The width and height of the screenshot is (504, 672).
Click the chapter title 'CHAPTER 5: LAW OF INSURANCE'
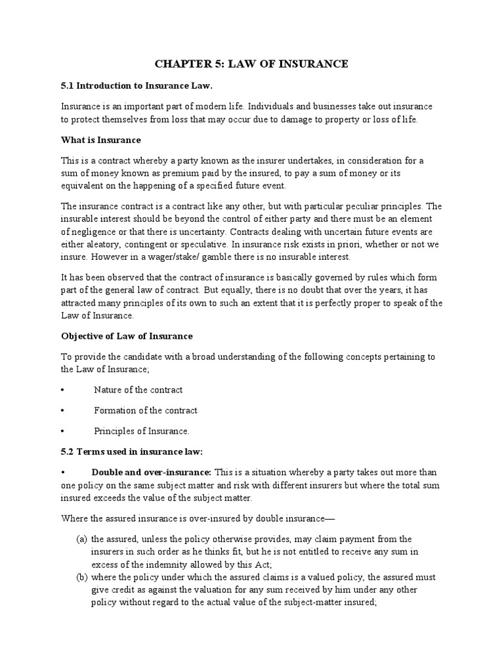pyautogui.click(x=251, y=64)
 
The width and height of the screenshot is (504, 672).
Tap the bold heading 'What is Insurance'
pyautogui.click(x=101, y=140)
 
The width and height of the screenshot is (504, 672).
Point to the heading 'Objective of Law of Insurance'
pyautogui.click(x=127, y=336)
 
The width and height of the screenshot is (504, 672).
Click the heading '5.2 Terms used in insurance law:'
pyautogui.click(x=132, y=452)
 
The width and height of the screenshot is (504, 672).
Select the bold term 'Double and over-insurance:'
pyautogui.click(x=151, y=472)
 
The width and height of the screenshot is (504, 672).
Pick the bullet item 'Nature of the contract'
pyautogui.click(x=138, y=390)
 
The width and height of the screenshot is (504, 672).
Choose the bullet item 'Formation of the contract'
pyautogui.click(x=146, y=410)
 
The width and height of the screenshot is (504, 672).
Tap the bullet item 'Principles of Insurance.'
pyautogui.click(x=142, y=431)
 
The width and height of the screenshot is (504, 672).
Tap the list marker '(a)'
pyautogui.click(x=81, y=539)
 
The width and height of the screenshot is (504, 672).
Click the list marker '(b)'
pyautogui.click(x=81, y=577)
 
